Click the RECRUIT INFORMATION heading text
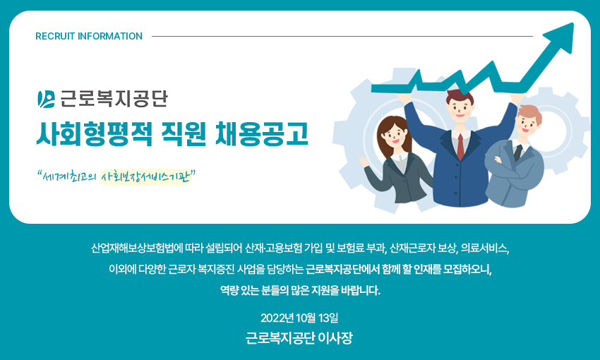(x=89, y=36)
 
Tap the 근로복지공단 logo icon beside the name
(x=47, y=100)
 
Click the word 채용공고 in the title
(x=262, y=134)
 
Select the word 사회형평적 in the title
(x=95, y=134)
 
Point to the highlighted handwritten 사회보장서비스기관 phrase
(x=145, y=177)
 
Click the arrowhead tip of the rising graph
(x=573, y=23)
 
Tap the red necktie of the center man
(x=461, y=147)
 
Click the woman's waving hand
(x=363, y=161)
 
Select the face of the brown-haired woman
(x=393, y=135)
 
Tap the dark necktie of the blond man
(x=518, y=152)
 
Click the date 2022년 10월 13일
(x=299, y=318)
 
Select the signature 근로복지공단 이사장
(x=299, y=338)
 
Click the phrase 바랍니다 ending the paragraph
(x=361, y=291)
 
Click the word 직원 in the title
(x=184, y=134)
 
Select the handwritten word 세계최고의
(x=67, y=176)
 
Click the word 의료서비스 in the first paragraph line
(x=485, y=248)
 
